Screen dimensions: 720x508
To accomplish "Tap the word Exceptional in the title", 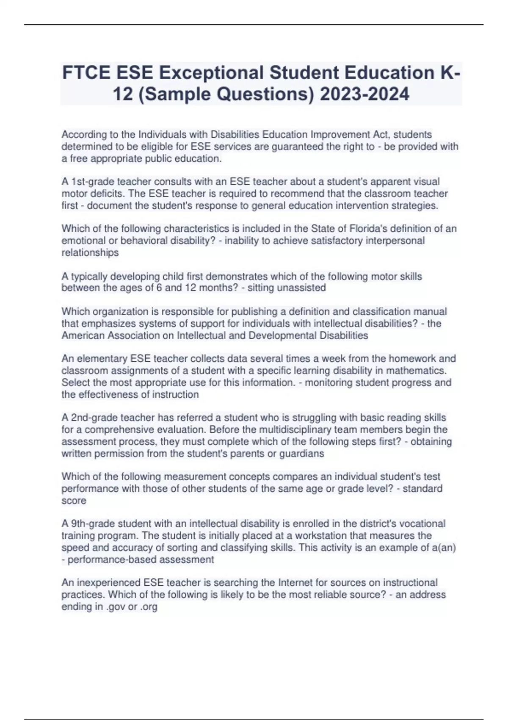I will [212, 73].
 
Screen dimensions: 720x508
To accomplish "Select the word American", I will [82, 335].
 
